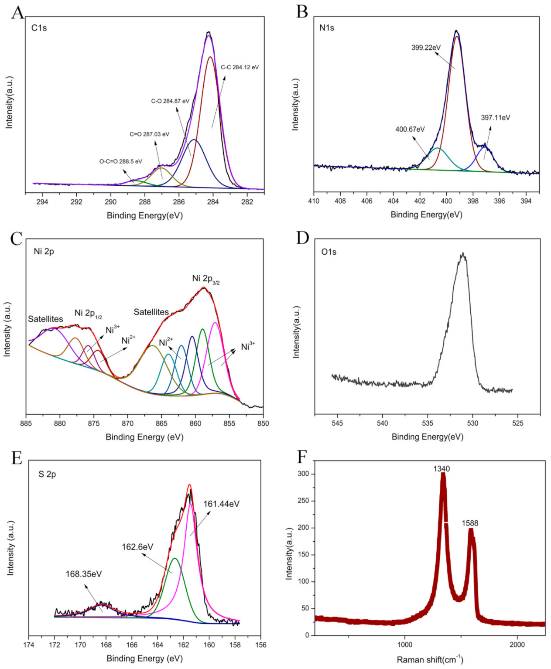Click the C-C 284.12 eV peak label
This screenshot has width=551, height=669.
click(240, 67)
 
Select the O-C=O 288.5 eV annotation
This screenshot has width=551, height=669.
click(121, 161)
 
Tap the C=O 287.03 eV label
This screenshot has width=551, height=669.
click(149, 134)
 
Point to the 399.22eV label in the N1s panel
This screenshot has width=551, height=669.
click(426, 48)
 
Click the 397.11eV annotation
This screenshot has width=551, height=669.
click(495, 118)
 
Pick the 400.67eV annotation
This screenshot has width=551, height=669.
click(410, 129)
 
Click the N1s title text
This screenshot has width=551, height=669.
click(326, 28)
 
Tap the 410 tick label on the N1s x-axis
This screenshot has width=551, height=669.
click(314, 201)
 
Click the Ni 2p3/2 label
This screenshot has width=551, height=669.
click(206, 279)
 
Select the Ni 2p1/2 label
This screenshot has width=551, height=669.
click(88, 313)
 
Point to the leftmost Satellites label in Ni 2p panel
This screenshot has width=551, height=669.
click(45, 319)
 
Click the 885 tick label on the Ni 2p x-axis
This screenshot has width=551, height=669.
click(26, 423)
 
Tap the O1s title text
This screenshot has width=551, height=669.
click(329, 252)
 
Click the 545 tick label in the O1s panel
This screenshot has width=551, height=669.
click(337, 423)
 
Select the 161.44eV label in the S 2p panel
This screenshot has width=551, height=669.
click(221, 504)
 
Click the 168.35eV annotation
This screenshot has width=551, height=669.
click(84, 574)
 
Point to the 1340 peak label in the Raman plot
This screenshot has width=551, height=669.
click(441, 469)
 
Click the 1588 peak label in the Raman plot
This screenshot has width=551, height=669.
click(470, 523)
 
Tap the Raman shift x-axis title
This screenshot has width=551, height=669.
click(430, 659)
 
